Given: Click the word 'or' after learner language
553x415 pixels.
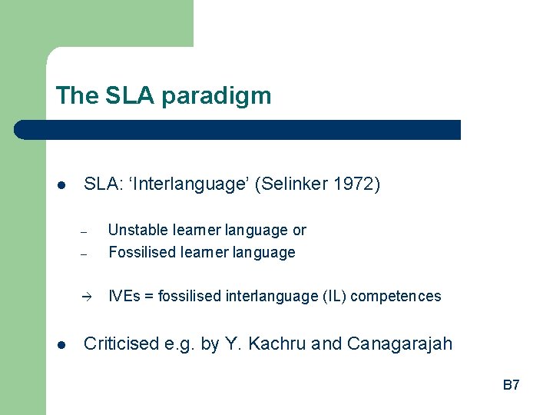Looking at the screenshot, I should (300, 230).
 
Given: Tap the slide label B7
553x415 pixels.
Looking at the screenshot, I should (511, 385).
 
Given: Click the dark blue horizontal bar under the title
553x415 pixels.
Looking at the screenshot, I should (238, 129).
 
